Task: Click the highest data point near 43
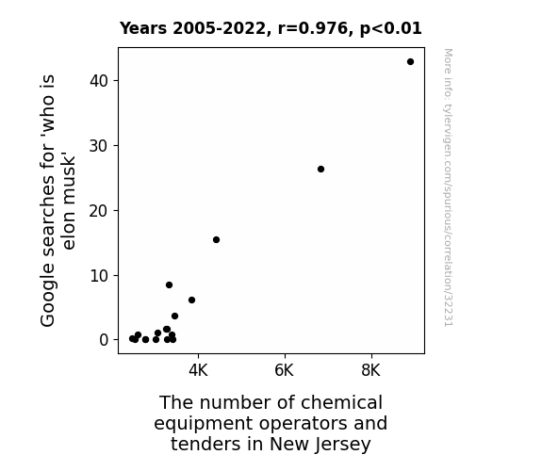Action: (410, 62)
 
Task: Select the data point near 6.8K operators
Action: (320, 169)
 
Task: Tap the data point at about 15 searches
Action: (217, 240)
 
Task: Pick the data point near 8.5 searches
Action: (169, 285)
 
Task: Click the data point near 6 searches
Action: (192, 300)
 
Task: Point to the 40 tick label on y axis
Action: (99, 81)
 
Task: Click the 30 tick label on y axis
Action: (99, 146)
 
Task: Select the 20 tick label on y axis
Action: (99, 211)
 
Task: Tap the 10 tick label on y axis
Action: (99, 276)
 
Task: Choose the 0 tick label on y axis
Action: (104, 340)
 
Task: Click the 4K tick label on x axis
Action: (198, 370)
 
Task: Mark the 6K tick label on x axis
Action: (285, 370)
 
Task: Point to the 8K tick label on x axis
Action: (370, 370)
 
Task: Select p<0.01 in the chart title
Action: (391, 29)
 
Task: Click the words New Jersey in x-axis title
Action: (320, 444)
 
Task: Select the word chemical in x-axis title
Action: (341, 402)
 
